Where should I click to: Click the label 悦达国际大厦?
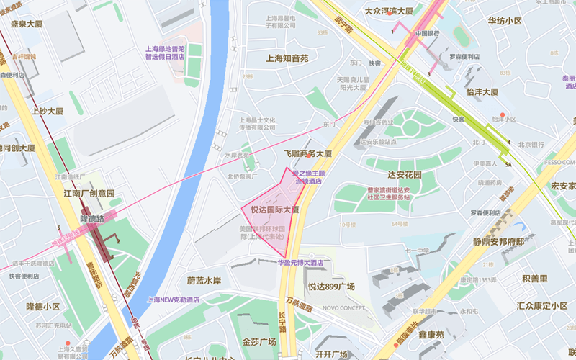coord(274,210)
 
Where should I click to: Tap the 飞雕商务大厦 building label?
coord(307,154)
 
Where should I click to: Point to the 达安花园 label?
coord(404,175)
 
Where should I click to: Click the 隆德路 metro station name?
coord(91,218)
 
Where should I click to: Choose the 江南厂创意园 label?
coord(89,194)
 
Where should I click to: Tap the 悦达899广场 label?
coord(331,287)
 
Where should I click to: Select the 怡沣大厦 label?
coord(482,92)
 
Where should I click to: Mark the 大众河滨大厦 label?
coord(389,12)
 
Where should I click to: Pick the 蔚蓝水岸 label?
coord(203,280)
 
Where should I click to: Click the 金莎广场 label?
coord(260,341)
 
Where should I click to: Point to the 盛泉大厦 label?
coord(27,24)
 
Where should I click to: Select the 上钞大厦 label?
coord(48,112)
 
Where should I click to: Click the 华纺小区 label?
coord(504,21)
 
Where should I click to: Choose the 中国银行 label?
coord(427,34)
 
